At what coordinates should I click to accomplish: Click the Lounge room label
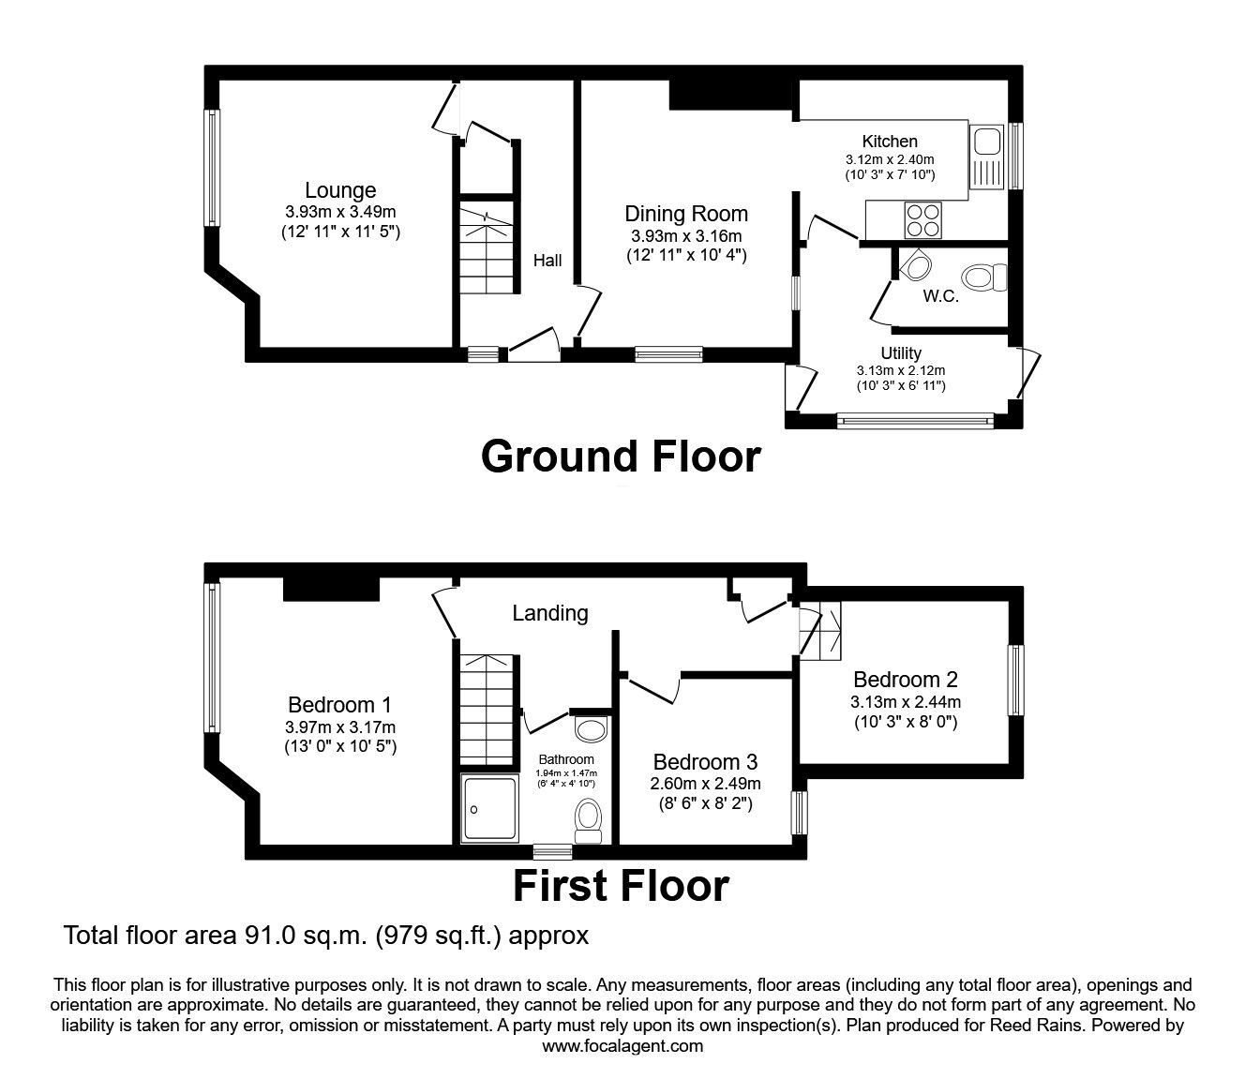pyautogui.click(x=340, y=191)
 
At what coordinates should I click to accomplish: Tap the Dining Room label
pyautogui.click(x=686, y=215)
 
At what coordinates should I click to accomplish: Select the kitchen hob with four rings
pyautogui.click(x=922, y=220)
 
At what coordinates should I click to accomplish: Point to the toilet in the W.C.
pyautogui.click(x=982, y=277)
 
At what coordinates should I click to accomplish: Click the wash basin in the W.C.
pyautogui.click(x=913, y=266)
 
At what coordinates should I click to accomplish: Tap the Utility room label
pyautogui.click(x=900, y=353)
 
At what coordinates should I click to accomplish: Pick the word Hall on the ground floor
pyautogui.click(x=547, y=260)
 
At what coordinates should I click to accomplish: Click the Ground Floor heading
pyautogui.click(x=621, y=457)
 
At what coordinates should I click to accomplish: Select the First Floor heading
pyautogui.click(x=621, y=886)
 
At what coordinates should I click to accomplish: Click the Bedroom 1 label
pyautogui.click(x=339, y=705)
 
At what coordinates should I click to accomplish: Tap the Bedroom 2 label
pyautogui.click(x=905, y=680)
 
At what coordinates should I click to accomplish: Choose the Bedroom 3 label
pyautogui.click(x=705, y=761)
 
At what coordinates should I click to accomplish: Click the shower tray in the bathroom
pyautogui.click(x=490, y=807)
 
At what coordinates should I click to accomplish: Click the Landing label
pyautogui.click(x=550, y=613)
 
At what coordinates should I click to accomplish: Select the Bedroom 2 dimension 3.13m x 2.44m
pyautogui.click(x=905, y=702)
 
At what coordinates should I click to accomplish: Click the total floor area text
pyautogui.click(x=325, y=935)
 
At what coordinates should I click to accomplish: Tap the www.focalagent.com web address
pyautogui.click(x=622, y=1046)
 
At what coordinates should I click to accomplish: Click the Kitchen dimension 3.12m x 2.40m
pyautogui.click(x=890, y=159)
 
